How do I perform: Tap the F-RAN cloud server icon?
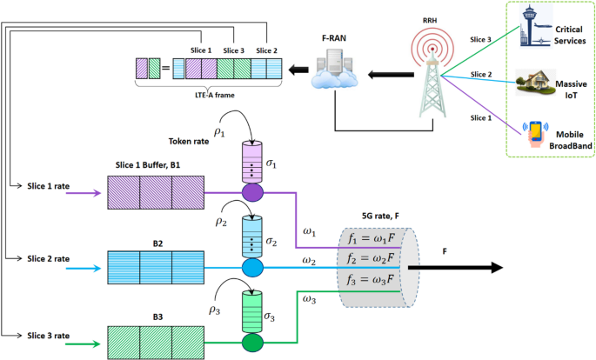(334, 68)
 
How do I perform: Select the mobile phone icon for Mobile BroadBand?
(535, 134)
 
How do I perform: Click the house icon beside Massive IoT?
(534, 82)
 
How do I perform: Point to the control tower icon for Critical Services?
(536, 25)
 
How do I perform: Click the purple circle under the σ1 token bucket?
(252, 192)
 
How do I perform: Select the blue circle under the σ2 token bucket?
(252, 268)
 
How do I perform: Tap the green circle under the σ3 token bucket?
(252, 343)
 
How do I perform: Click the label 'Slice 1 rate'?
(48, 186)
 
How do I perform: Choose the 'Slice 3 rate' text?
(48, 336)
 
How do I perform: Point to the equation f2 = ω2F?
(371, 259)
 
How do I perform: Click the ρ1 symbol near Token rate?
(219, 132)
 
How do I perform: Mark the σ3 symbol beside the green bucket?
(269, 317)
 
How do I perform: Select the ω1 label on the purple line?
(309, 231)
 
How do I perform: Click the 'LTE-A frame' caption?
(215, 95)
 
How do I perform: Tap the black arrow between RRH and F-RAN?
(391, 75)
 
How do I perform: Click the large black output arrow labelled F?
(455, 267)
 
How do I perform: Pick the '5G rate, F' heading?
(380, 216)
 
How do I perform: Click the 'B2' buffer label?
(157, 243)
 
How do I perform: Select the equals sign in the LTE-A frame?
(165, 69)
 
